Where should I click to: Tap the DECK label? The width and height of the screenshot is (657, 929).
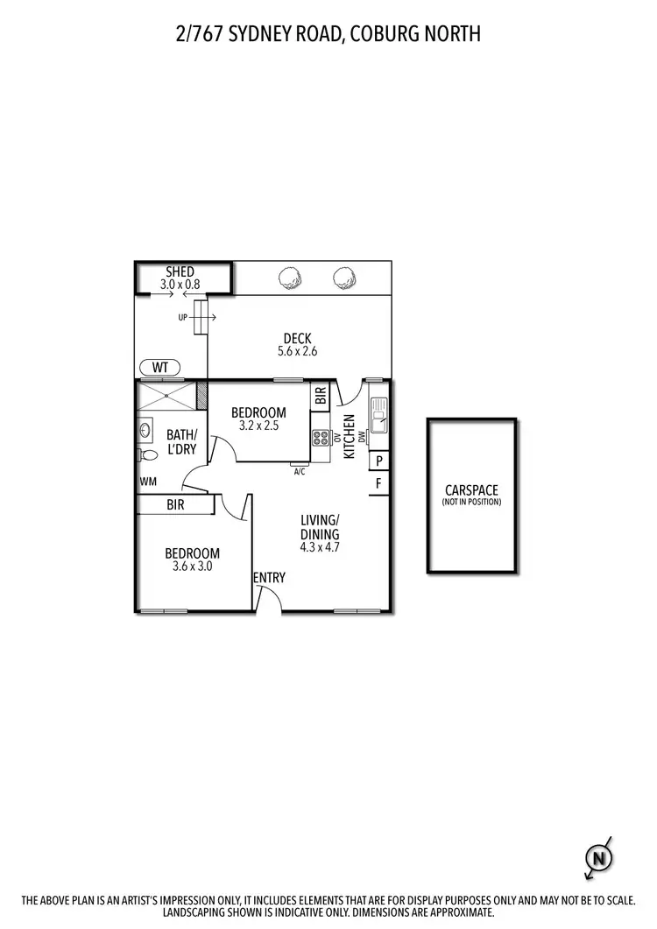coord(297,339)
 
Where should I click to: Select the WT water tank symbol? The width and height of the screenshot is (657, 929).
coord(160,367)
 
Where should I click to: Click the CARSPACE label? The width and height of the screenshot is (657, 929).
coord(471,490)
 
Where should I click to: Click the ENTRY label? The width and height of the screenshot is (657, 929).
coord(269,577)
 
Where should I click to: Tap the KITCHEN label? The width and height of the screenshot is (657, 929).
coord(348,436)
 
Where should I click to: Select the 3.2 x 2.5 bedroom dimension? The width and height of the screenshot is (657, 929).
coord(258,426)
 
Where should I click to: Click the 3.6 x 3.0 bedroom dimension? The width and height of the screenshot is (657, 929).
coord(193,567)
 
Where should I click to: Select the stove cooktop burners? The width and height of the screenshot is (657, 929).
coord(320,437)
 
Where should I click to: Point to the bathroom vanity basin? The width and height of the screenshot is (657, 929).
coord(144,430)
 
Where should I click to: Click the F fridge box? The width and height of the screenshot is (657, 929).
coord(379,483)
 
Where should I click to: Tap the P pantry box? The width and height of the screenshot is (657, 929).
coord(379,461)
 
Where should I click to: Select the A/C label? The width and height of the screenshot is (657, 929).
coord(300,471)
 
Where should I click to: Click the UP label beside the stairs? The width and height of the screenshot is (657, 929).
coord(183,317)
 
